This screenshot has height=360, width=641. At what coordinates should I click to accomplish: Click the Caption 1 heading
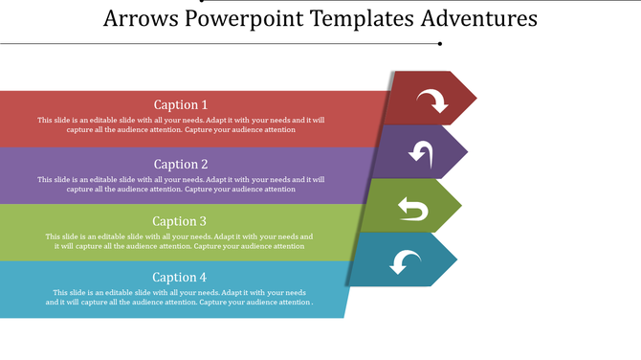click(x=181, y=105)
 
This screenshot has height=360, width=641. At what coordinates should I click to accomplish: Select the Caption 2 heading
click(x=181, y=164)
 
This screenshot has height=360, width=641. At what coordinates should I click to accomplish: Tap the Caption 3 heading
click(x=180, y=221)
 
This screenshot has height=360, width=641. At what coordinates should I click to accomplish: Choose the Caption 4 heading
click(x=180, y=278)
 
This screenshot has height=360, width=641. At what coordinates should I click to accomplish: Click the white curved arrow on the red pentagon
click(x=431, y=99)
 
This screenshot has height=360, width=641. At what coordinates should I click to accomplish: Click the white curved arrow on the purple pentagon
click(x=421, y=152)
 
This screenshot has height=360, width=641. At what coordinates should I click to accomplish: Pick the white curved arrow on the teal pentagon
click(x=407, y=260)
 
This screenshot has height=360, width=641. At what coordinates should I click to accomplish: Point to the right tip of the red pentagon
click(x=475, y=98)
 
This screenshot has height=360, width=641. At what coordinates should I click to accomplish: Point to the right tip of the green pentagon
click(x=461, y=206)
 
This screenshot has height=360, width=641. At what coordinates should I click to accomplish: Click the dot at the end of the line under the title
click(x=439, y=43)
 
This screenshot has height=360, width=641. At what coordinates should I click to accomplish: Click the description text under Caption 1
click(x=181, y=125)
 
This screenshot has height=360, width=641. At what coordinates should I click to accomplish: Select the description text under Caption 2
click(x=181, y=184)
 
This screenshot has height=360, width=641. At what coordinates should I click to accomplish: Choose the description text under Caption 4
click(x=180, y=297)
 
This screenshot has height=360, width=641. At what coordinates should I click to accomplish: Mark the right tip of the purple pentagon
click(x=467, y=152)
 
